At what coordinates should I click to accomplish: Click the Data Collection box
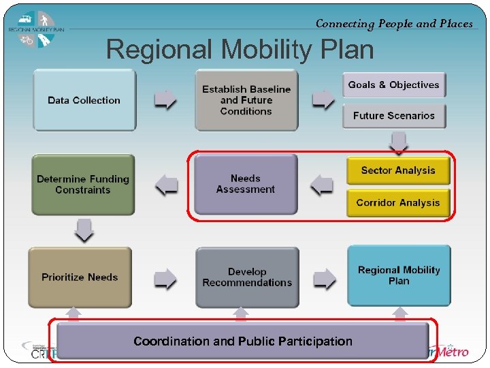pyautogui.click(x=84, y=100)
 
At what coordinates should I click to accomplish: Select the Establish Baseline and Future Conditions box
pyautogui.click(x=246, y=100)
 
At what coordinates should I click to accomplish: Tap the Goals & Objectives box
pyautogui.click(x=394, y=85)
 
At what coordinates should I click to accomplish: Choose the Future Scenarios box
pyautogui.click(x=394, y=116)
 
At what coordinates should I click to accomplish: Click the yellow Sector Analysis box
pyautogui.click(x=398, y=170)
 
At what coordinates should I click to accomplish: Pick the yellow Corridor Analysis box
pyautogui.click(x=398, y=203)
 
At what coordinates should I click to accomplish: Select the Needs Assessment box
pyautogui.click(x=246, y=184)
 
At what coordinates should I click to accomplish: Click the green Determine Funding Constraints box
pyautogui.click(x=83, y=185)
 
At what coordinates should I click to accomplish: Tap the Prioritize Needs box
pyautogui.click(x=80, y=277)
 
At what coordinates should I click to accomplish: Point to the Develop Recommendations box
pyautogui.click(x=247, y=277)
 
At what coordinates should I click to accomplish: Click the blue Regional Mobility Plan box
pyautogui.click(x=399, y=275)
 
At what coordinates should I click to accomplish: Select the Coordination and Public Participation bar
pyautogui.click(x=243, y=341)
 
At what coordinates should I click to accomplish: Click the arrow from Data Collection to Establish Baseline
pyautogui.click(x=165, y=100)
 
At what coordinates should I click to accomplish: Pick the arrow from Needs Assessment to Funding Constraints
pyautogui.click(x=165, y=184)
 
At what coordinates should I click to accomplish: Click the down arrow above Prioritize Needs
pyautogui.click(x=84, y=230)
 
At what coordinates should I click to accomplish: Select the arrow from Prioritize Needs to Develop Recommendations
pyautogui.click(x=165, y=277)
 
